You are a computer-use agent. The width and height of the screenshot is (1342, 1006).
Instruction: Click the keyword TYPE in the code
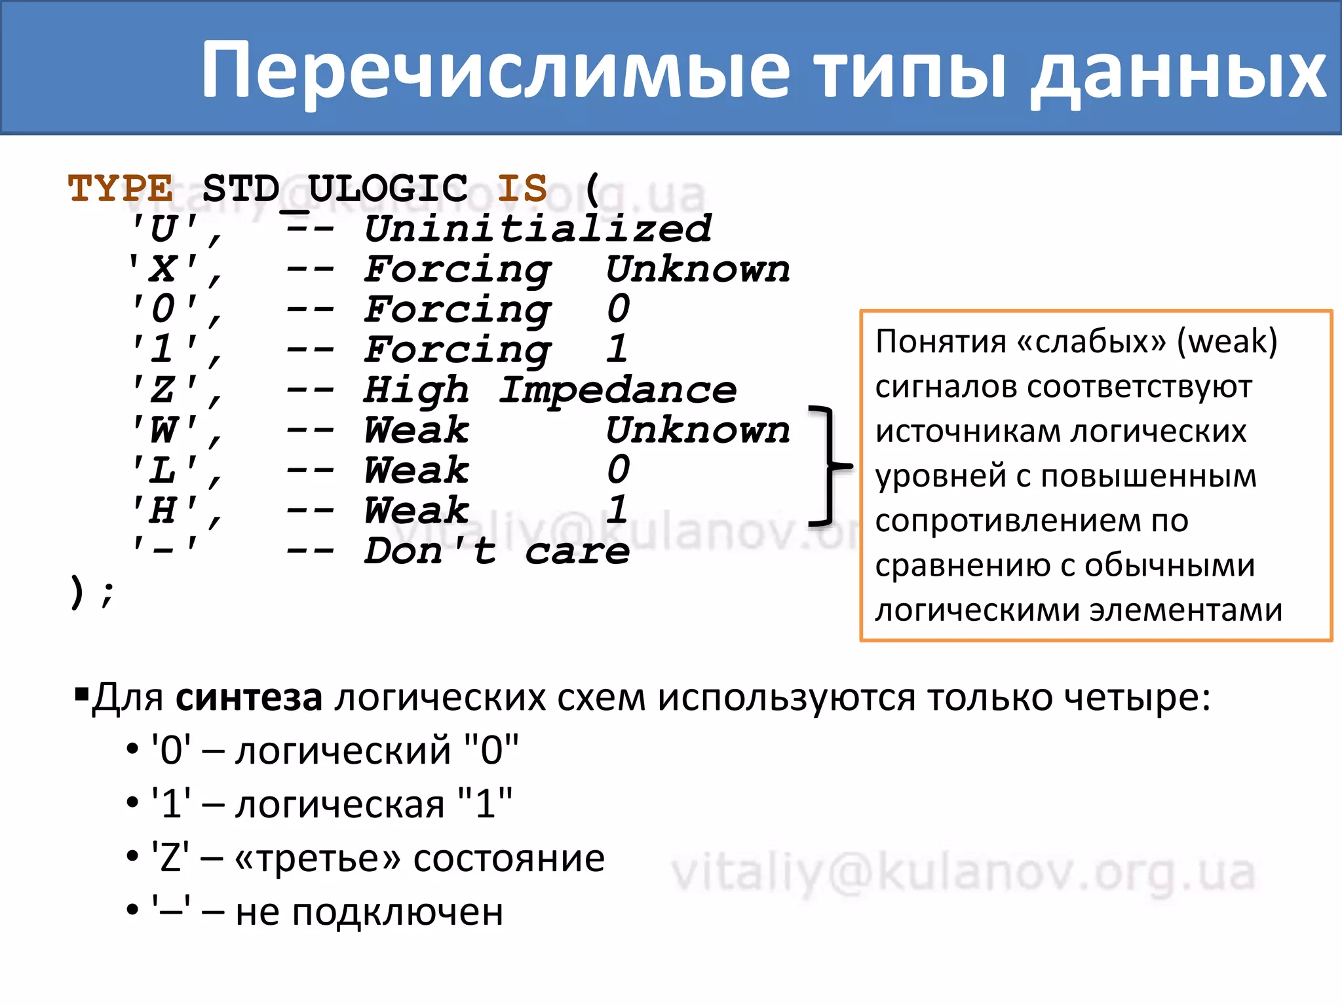(121, 189)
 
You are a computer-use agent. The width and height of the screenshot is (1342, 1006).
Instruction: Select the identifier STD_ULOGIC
(335, 189)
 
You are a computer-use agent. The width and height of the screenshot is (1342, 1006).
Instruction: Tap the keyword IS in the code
(522, 189)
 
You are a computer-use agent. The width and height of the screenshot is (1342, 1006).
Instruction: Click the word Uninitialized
(537, 229)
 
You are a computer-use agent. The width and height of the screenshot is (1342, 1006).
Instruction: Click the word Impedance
(617, 390)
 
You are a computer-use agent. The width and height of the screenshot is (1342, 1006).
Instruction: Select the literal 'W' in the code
(164, 430)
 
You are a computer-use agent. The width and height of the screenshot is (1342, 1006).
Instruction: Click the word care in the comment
(577, 551)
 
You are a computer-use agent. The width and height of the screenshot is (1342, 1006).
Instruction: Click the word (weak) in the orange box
(1227, 341)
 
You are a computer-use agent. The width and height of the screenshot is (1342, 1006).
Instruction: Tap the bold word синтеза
(249, 697)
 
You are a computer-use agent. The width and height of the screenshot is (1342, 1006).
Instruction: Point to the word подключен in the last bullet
(398, 912)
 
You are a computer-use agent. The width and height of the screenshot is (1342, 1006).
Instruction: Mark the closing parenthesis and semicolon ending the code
(92, 592)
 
